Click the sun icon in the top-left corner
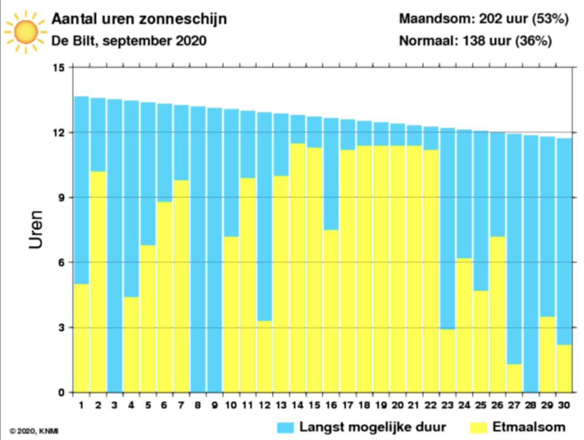point(25,31)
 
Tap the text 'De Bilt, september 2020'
point(129,41)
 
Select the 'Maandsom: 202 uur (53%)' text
point(483,19)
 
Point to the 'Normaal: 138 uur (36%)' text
point(475,41)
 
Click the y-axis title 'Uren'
point(37,230)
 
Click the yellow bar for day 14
point(298,267)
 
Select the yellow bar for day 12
point(264,357)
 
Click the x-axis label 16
point(331,405)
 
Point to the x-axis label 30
point(564,405)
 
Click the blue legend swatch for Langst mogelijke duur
point(285,427)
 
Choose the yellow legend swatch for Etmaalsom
point(478,427)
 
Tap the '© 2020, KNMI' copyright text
point(34,431)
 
